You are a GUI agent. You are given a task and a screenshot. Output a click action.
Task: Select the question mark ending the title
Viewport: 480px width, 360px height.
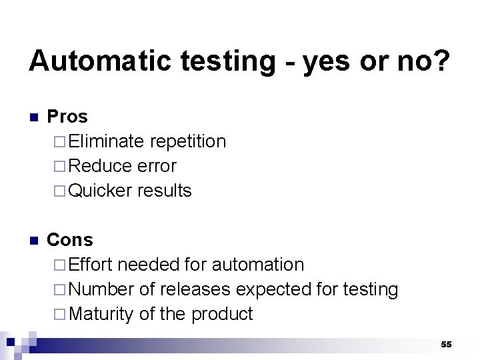[x=441, y=61]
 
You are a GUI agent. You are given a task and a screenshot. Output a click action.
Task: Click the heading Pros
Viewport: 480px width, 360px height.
[x=67, y=117]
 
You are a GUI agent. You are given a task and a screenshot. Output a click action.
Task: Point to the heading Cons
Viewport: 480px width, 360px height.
[x=70, y=240]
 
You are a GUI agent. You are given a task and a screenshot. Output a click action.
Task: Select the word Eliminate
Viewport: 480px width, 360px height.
[x=106, y=141]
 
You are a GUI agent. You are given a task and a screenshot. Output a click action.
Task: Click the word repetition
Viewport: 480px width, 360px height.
[x=188, y=141]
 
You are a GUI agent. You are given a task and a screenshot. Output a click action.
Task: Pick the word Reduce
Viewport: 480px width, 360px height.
[x=99, y=166]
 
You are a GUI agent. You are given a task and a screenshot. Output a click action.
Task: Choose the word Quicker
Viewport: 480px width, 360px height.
[x=101, y=191]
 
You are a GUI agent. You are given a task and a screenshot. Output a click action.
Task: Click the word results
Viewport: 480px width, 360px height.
[x=165, y=191]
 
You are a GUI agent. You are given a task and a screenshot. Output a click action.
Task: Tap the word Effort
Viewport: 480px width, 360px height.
[x=91, y=265]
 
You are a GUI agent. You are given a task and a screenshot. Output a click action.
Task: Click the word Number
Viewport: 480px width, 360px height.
[x=101, y=289]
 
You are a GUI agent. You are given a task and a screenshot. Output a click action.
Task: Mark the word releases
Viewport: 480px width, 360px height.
[x=195, y=289]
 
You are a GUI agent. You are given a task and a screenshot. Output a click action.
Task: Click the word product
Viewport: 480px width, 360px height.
[x=222, y=314]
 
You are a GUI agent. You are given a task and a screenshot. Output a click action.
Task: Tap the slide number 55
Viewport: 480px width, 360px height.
[x=446, y=344]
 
